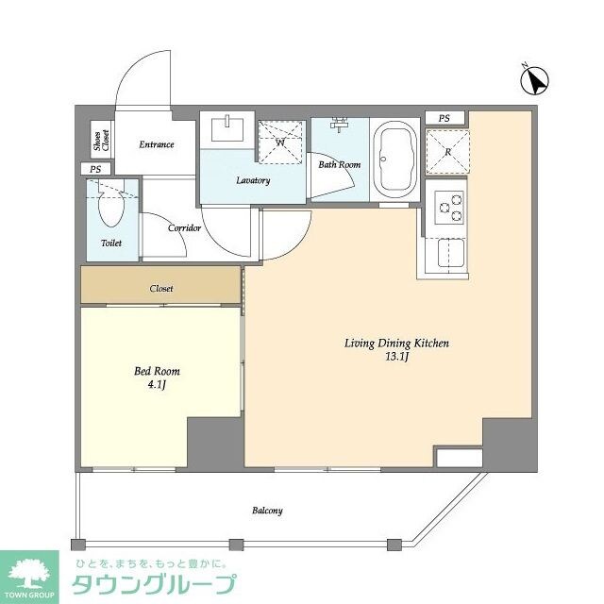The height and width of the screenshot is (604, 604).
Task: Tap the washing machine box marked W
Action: tap(281, 143)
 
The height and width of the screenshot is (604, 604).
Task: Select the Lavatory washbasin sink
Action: tap(228, 128)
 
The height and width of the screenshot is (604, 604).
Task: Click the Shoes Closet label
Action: tap(100, 142)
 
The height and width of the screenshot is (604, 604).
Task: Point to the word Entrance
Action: tap(157, 144)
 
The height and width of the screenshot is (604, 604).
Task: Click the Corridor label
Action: tap(184, 228)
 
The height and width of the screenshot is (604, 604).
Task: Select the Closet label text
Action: tap(161, 289)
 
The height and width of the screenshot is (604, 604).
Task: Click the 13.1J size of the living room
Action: tap(395, 358)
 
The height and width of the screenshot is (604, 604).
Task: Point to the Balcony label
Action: tap(267, 511)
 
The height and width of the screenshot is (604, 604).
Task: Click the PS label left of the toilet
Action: tap(93, 169)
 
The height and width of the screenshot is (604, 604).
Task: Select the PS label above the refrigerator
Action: tap(444, 118)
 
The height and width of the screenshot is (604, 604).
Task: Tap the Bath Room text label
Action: tap(339, 165)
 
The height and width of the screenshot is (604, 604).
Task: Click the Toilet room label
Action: tap(111, 243)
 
